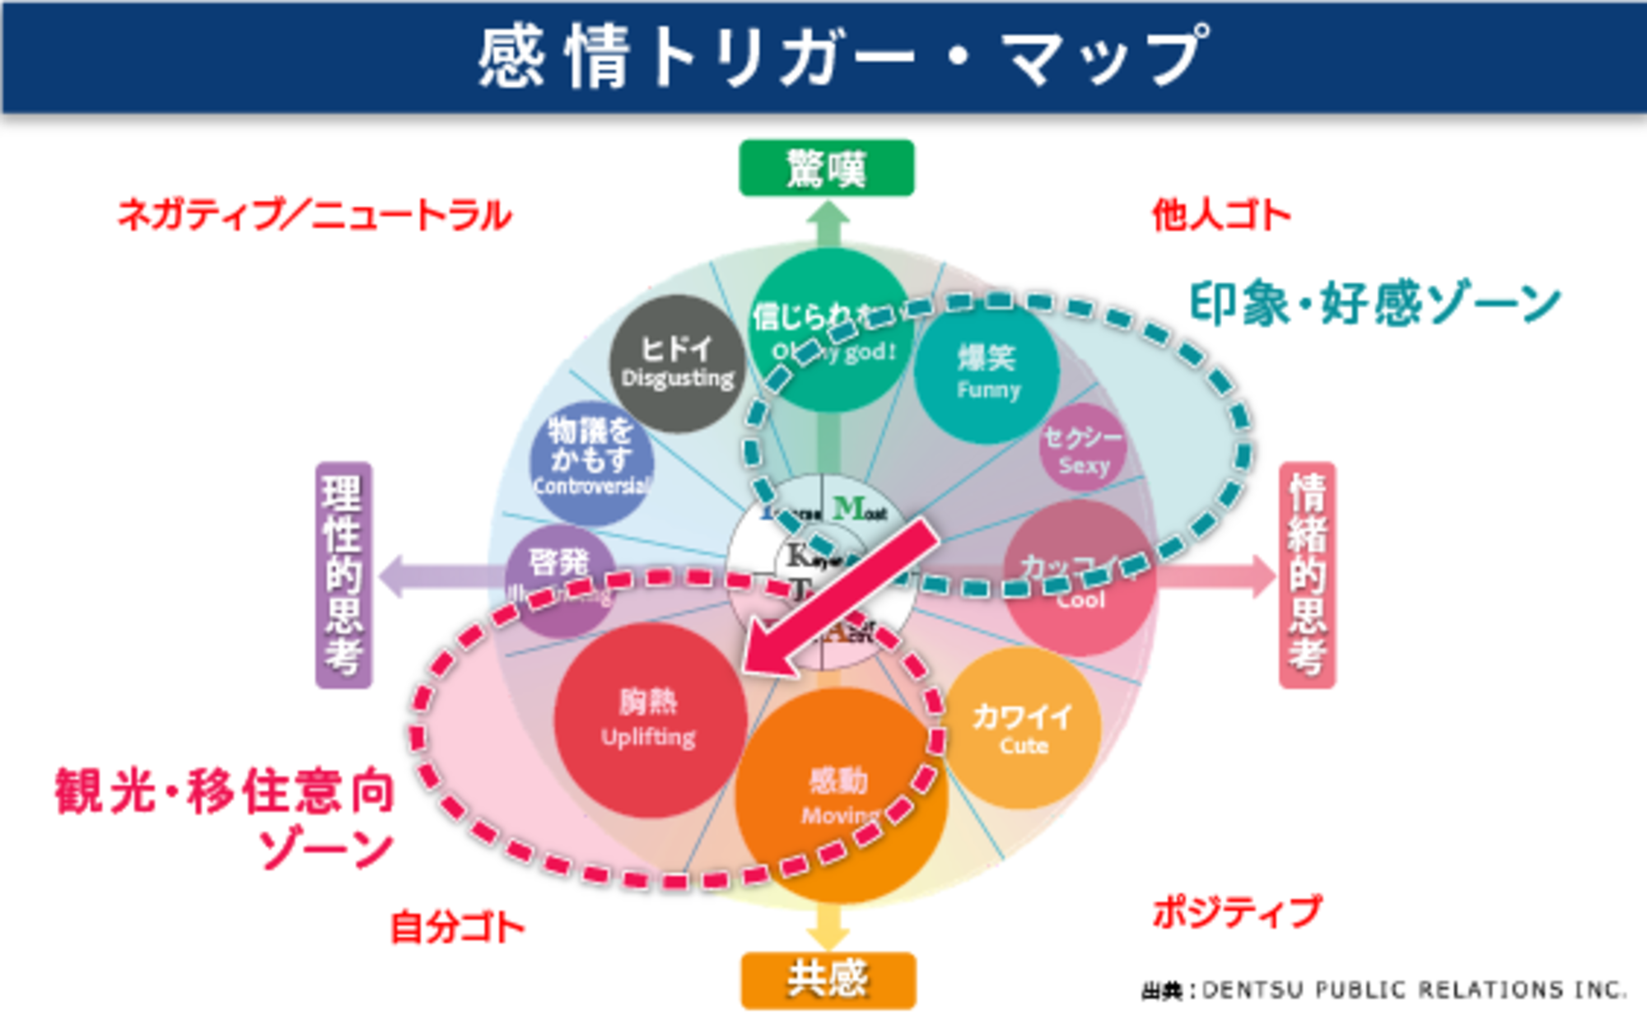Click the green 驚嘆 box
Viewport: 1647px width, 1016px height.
(x=826, y=168)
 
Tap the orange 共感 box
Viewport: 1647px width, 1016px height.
(x=828, y=980)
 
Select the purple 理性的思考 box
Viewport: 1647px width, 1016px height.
(x=343, y=575)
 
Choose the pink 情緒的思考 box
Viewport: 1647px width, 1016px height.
(x=1307, y=575)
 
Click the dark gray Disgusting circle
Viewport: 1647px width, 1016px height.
(x=677, y=363)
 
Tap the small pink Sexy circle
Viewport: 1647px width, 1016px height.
(x=1083, y=450)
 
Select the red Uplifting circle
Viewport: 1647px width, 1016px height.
(x=649, y=720)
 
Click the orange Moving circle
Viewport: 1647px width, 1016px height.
(x=840, y=795)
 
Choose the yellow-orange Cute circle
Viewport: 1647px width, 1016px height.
(x=1024, y=728)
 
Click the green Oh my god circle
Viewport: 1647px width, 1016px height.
(x=832, y=329)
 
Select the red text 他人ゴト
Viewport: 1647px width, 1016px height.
(x=1220, y=216)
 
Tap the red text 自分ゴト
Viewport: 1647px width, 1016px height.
(x=457, y=927)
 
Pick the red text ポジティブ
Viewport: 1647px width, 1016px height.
(x=1237, y=912)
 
